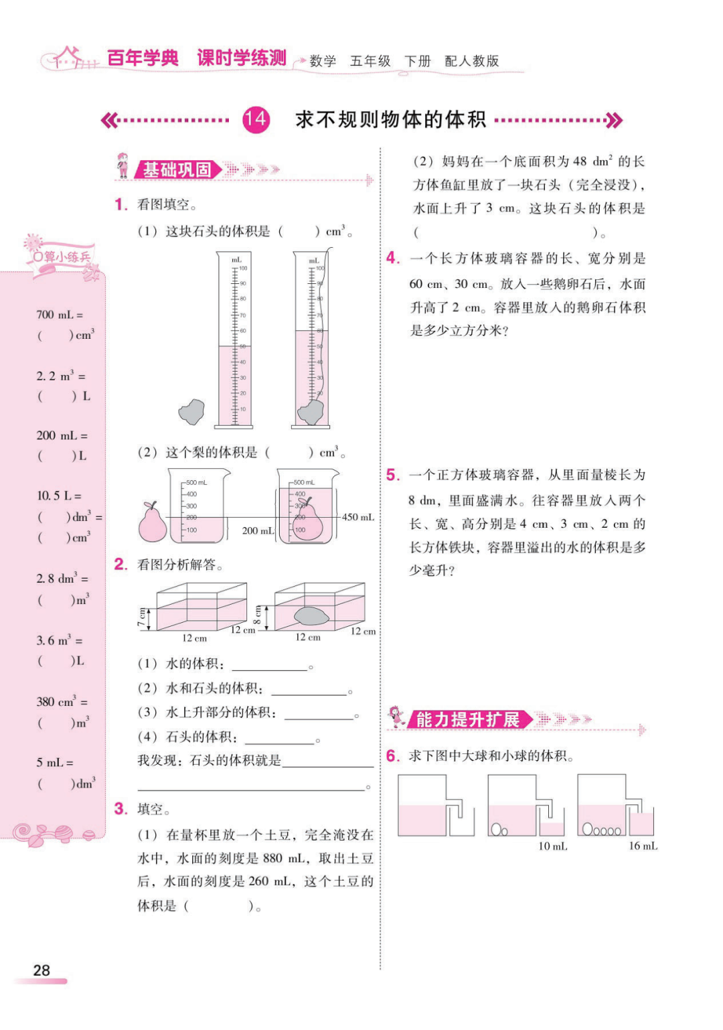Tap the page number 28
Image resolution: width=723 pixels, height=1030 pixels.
pos(42,970)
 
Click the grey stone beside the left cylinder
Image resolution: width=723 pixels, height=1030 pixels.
pos(191,412)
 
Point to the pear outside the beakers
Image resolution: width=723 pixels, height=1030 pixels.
pos(153,522)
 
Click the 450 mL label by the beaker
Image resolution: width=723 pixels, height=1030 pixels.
pos(358,517)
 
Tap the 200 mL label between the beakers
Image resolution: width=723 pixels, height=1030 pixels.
pos(258,530)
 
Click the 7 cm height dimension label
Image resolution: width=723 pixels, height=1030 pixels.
pos(141,617)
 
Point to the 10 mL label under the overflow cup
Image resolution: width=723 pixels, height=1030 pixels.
pos(553,847)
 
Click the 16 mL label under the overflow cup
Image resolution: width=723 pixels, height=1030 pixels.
pos(643,847)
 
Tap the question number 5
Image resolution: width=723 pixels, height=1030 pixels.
pos(393,475)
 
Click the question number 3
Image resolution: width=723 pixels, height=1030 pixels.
pos(120,808)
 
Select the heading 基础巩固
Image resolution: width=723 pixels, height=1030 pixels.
pos(177,170)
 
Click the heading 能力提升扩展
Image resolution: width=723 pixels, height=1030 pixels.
pos(467,720)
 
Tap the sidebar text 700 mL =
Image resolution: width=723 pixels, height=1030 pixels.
pos(60,315)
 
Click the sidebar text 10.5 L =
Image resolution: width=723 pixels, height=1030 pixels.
pos(59,496)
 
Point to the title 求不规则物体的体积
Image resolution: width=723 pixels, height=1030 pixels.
pos(390,120)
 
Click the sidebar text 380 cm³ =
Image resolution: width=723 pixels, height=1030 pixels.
pos(62,702)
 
